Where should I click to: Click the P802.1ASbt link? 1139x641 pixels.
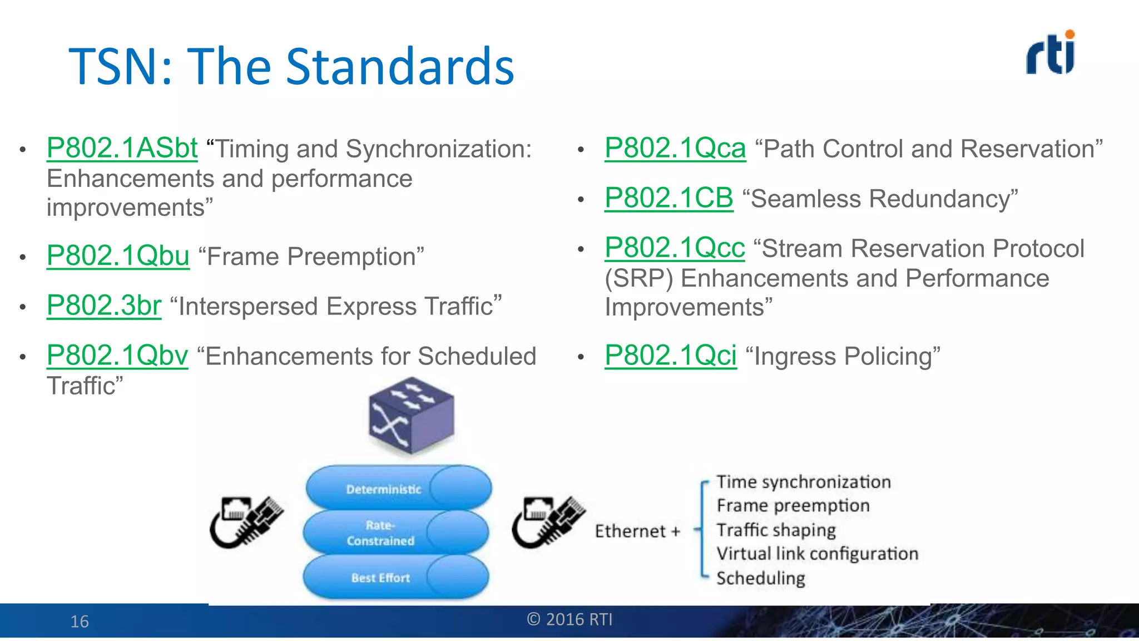pyautogui.click(x=122, y=149)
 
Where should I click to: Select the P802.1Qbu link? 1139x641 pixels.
pyautogui.click(x=118, y=257)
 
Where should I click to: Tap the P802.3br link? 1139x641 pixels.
pyautogui.click(x=104, y=306)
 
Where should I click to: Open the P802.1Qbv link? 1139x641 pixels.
pyautogui.click(x=117, y=356)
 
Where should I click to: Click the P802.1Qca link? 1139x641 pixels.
pyautogui.click(x=675, y=149)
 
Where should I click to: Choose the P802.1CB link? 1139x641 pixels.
pyautogui.click(x=668, y=199)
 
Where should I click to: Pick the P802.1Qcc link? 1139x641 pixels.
pyautogui.click(x=674, y=248)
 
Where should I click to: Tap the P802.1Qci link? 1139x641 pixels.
pyautogui.click(x=670, y=356)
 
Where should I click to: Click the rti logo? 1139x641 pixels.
pyautogui.click(x=1050, y=53)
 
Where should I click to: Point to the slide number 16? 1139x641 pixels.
pyautogui.click(x=80, y=622)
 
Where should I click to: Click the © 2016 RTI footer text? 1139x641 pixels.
pyautogui.click(x=569, y=619)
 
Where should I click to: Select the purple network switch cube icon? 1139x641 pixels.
pyautogui.click(x=411, y=415)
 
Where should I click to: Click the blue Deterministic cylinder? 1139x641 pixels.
pyautogui.click(x=398, y=488)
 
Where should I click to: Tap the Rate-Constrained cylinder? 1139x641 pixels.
pyautogui.click(x=396, y=532)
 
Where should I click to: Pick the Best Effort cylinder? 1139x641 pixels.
pyautogui.click(x=396, y=578)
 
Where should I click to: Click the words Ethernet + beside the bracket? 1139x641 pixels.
pyautogui.click(x=637, y=531)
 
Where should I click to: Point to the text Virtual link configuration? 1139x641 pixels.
pyautogui.click(x=817, y=554)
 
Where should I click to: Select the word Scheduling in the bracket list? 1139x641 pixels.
pyautogui.click(x=760, y=578)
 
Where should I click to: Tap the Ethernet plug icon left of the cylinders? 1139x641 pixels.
pyautogui.click(x=246, y=521)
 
